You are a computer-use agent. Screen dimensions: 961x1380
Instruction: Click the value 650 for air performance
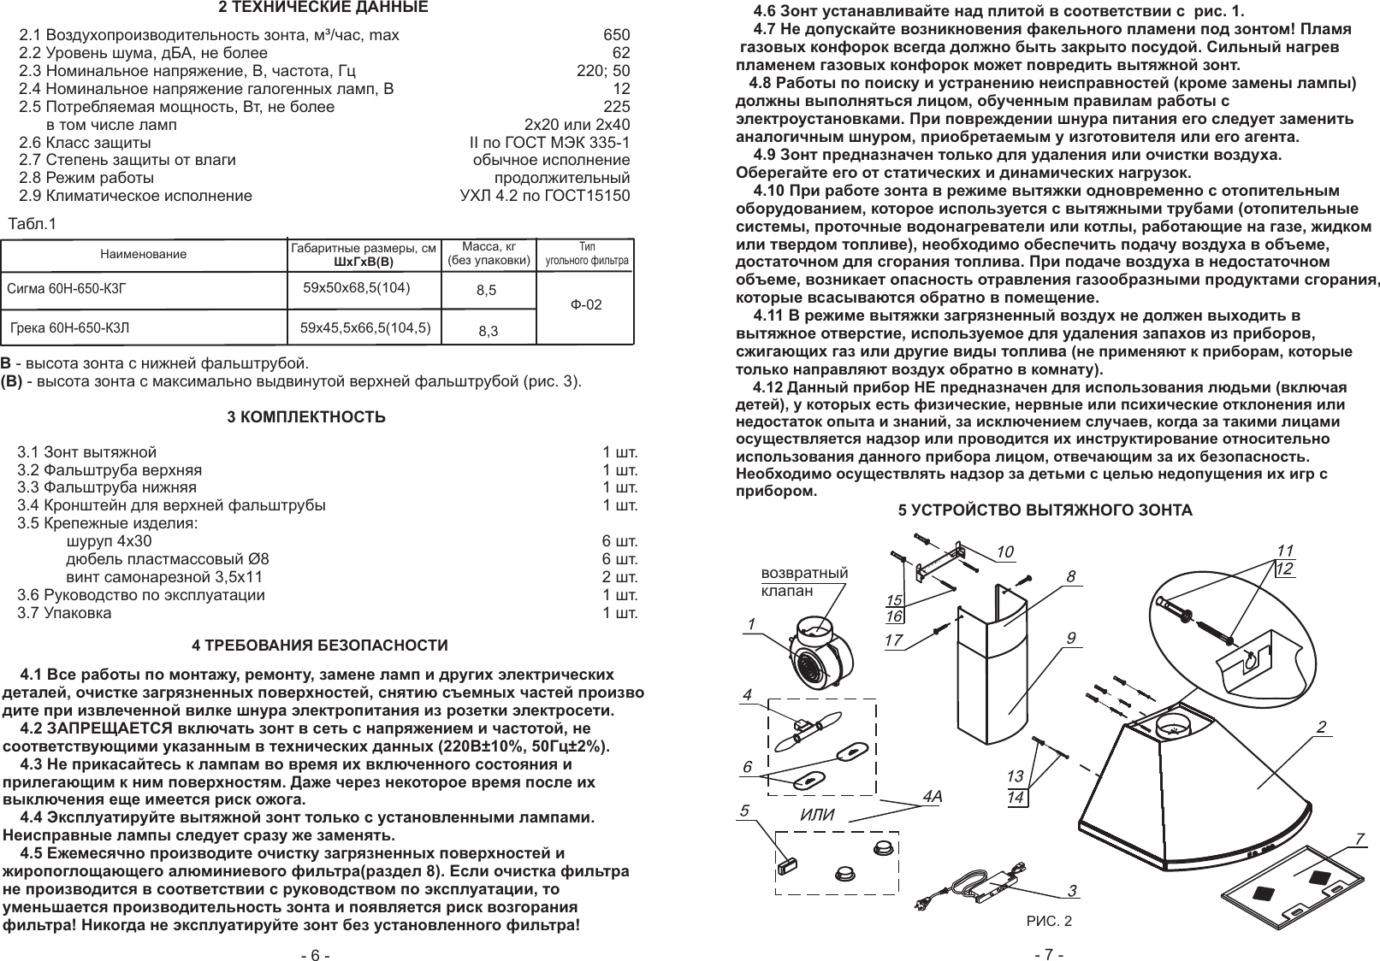[616, 35]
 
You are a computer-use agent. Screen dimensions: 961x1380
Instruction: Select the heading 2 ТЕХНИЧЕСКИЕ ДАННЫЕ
[323, 9]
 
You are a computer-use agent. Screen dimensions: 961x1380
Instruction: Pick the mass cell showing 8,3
[489, 330]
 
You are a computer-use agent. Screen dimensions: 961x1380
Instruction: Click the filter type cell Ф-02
[586, 304]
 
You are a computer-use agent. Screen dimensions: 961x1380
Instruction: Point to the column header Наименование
[143, 254]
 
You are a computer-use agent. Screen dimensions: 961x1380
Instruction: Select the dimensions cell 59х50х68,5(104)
[358, 287]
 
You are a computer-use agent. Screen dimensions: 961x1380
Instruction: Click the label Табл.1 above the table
[32, 225]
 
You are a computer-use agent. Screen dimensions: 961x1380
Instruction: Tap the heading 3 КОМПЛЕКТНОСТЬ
[306, 418]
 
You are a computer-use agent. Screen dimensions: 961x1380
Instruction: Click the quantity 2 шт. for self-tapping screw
[620, 577]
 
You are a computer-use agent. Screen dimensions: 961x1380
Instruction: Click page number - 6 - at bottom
[314, 955]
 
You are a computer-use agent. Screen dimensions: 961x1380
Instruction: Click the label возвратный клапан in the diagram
[804, 581]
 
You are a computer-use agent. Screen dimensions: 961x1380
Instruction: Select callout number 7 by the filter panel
[1359, 839]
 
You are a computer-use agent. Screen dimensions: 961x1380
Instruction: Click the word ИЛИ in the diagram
[816, 814]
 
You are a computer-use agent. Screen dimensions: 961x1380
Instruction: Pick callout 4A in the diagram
[933, 797]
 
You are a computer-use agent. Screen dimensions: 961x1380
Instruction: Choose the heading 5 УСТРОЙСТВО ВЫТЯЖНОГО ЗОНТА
[1044, 510]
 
